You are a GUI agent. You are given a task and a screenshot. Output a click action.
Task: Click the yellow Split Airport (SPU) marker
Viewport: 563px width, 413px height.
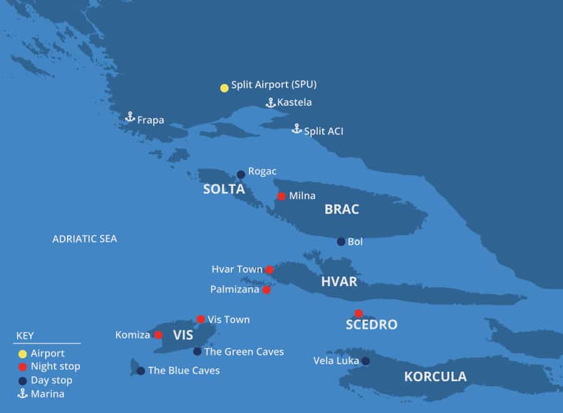[224, 88]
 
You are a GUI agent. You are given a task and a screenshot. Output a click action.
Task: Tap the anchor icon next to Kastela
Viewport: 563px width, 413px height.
[270, 103]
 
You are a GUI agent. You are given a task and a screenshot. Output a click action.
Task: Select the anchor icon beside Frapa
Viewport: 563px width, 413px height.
[130, 117]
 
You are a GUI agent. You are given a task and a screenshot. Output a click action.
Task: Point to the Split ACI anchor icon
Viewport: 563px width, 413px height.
[297, 129]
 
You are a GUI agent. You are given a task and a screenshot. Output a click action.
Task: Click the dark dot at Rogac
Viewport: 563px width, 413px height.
[241, 175]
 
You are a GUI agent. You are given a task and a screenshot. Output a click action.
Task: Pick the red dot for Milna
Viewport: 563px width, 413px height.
[281, 196]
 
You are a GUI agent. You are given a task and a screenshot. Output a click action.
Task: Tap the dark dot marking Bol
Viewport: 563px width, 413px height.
[341, 242]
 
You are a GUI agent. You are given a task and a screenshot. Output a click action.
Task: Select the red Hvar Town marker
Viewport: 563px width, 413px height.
[269, 270]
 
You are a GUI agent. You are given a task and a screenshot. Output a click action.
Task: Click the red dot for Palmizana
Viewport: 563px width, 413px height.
[266, 290]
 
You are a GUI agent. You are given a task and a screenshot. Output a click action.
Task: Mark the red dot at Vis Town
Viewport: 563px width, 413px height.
[201, 319]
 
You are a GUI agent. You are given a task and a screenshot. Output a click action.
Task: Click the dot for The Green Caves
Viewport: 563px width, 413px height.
[198, 352]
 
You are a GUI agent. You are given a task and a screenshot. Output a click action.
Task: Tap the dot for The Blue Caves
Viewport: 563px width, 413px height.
[141, 371]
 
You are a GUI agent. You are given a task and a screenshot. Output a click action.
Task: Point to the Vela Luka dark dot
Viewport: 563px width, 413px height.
[365, 361]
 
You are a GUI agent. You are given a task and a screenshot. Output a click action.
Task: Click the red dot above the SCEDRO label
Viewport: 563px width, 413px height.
[358, 314]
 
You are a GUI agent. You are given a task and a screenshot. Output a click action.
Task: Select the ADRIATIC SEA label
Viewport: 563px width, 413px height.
[84, 239]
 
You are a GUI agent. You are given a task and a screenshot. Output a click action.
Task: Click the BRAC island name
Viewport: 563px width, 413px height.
[342, 210]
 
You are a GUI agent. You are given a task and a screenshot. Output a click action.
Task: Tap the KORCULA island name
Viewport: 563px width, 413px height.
[435, 377]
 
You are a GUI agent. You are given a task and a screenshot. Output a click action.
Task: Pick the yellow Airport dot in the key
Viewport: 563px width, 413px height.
[23, 354]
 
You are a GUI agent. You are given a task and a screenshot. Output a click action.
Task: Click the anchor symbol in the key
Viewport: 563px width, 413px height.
[23, 394]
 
